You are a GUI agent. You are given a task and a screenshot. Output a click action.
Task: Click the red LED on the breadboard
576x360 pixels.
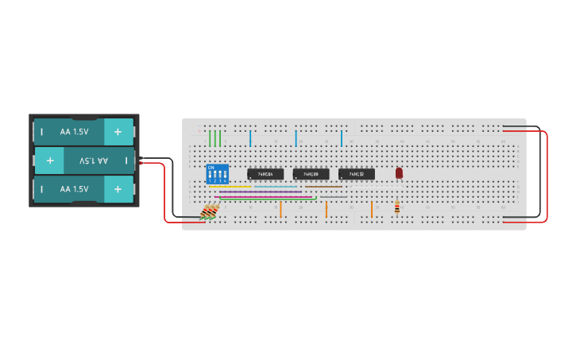[399, 172]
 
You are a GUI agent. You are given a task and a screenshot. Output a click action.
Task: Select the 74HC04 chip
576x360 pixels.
[265, 174]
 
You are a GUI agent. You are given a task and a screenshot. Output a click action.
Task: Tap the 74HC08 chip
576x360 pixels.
[311, 174]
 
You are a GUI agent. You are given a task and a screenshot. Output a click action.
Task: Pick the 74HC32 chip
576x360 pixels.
[356, 174]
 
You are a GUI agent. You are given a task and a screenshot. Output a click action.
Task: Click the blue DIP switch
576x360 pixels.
[217, 174]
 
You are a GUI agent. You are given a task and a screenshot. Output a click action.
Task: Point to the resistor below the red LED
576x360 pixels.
[397, 208]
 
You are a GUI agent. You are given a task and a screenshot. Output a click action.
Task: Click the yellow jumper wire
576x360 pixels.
[230, 187]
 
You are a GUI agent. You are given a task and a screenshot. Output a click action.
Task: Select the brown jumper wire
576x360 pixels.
[324, 187]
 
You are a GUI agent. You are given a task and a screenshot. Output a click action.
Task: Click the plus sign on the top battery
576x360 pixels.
[118, 132]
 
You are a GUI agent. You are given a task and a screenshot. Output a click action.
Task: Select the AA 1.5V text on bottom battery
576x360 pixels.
[74, 189]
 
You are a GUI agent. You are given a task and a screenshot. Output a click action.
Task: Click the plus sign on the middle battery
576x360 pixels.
[49, 161]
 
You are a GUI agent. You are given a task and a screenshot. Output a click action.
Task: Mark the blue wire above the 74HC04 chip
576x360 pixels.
[250, 138]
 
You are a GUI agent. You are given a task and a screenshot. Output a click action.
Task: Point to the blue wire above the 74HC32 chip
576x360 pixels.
[342, 138]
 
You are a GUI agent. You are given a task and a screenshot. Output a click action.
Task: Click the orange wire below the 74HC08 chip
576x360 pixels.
[326, 209]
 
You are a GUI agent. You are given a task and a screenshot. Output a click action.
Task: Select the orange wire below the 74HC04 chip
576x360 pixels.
[280, 209]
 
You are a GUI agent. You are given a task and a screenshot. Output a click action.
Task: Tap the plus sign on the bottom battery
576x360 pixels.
[118, 189]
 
